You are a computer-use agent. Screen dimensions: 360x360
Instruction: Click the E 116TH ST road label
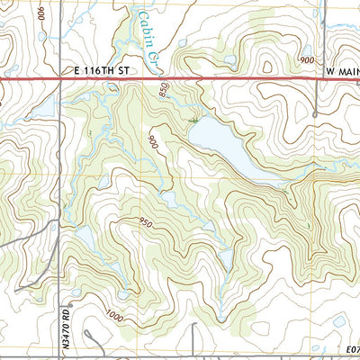pyautogui.click(x=100, y=70)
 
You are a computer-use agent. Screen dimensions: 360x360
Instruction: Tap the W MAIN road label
pyautogui.click(x=337, y=70)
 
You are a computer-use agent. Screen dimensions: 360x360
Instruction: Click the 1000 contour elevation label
pyautogui.click(x=114, y=314)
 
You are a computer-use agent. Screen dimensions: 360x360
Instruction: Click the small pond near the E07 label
pyautogui.click(x=339, y=320)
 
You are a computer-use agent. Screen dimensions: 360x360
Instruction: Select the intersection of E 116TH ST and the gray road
pyautogui.click(x=60, y=80)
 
